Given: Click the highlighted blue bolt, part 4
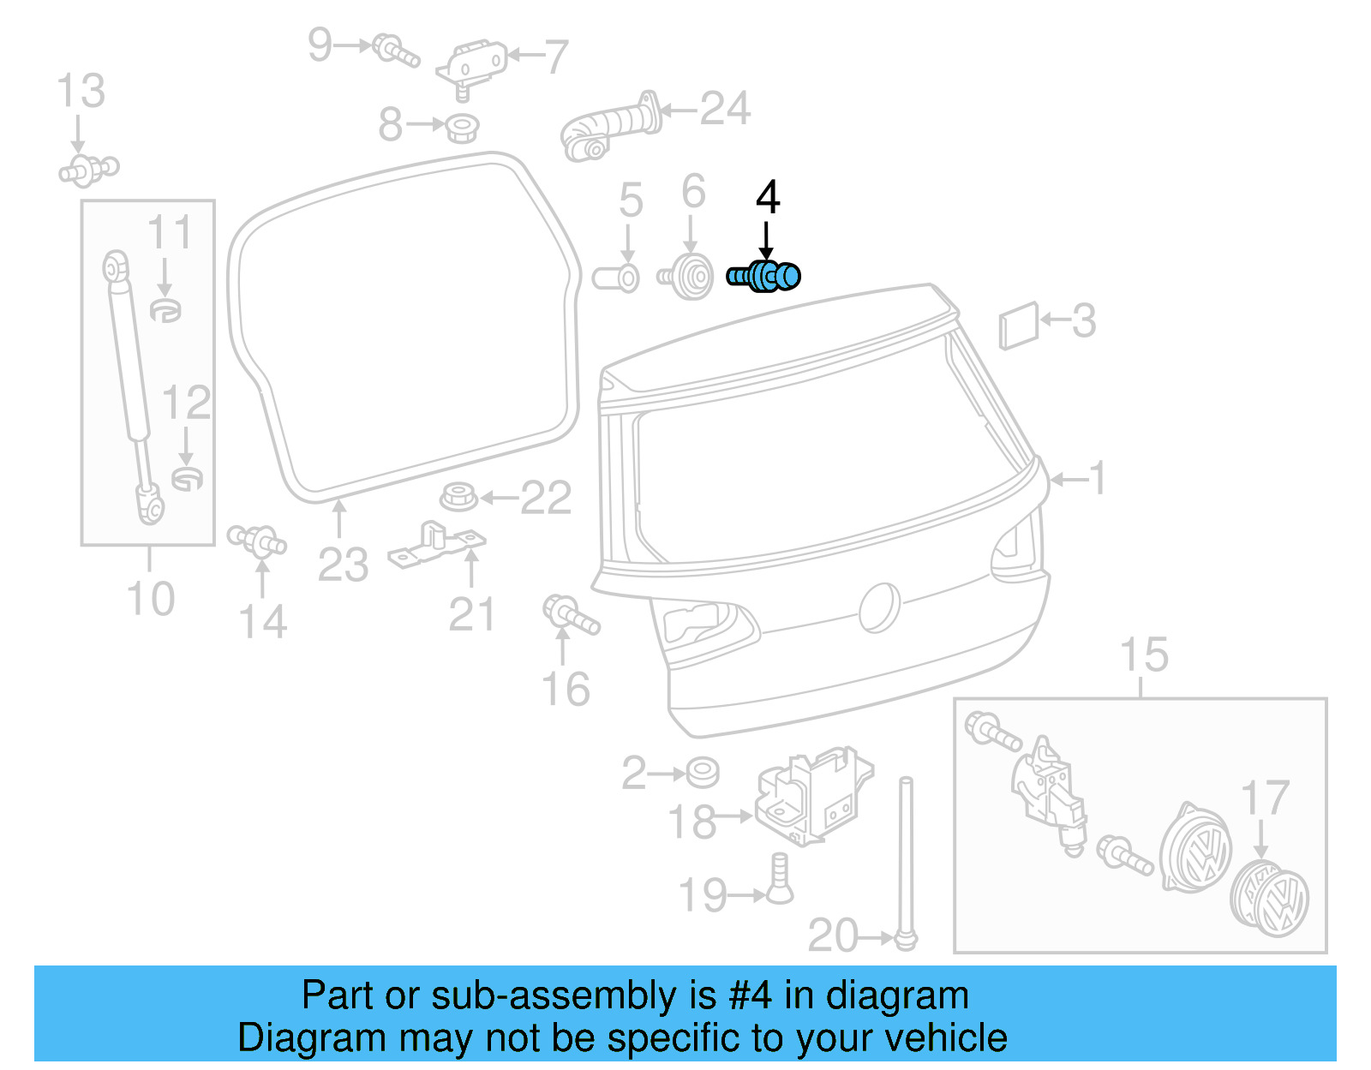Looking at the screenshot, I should click(x=764, y=276).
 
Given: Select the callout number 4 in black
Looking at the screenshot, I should click(x=768, y=198).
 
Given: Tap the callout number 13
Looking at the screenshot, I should click(x=81, y=91).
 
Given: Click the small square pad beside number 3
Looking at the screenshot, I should click(x=1018, y=326).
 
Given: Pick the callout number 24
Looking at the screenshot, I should click(x=725, y=109).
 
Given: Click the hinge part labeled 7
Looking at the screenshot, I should click(x=471, y=63).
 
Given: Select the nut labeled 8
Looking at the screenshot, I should click(x=462, y=128).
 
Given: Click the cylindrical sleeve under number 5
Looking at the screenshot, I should click(x=616, y=278).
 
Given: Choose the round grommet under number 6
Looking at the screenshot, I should click(x=687, y=277).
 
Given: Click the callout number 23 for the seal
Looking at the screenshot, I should click(x=343, y=565).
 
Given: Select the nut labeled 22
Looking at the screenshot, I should click(x=458, y=497).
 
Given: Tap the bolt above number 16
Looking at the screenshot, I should click(x=570, y=614).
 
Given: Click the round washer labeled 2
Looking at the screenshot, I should click(x=703, y=772).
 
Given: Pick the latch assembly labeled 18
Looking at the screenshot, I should click(x=811, y=794).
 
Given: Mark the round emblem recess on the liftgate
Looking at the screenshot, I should click(x=880, y=607).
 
